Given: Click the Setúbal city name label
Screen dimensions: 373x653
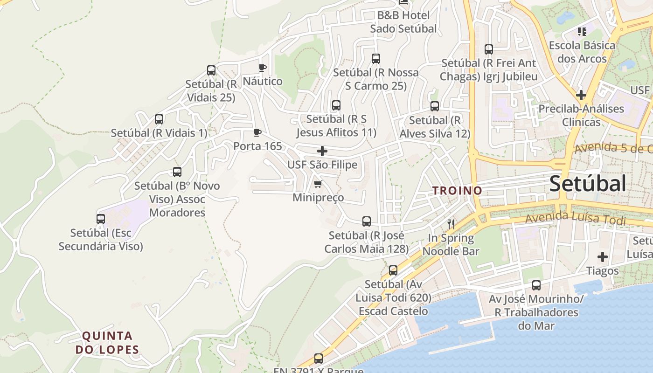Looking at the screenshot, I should [x=587, y=184].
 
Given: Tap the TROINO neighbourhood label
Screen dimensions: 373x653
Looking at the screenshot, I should [x=457, y=191].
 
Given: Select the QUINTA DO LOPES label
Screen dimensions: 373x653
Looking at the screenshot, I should [x=111, y=343].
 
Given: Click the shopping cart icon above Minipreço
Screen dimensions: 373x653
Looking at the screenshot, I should [x=318, y=184].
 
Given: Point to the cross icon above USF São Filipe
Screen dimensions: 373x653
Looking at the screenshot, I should [x=322, y=151].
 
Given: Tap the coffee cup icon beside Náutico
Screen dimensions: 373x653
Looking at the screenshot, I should [x=263, y=68].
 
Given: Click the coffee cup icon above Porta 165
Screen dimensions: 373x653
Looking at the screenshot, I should [x=257, y=133].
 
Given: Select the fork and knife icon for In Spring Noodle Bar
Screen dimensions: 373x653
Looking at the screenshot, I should [x=451, y=224].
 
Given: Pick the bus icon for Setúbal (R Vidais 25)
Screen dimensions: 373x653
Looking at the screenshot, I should [x=211, y=70].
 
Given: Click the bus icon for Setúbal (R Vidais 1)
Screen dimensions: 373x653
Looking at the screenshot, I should [x=159, y=119].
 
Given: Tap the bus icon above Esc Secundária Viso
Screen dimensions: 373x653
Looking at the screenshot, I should [x=101, y=219].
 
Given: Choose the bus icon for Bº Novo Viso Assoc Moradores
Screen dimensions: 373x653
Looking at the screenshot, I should [x=177, y=172].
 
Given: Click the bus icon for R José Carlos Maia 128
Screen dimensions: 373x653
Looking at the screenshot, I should [x=367, y=221].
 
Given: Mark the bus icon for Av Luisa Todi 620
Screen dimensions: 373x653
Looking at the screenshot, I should [x=393, y=270].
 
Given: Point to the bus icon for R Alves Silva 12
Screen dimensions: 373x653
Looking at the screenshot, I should [x=435, y=106].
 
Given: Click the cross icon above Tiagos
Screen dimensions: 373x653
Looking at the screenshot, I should [x=603, y=257].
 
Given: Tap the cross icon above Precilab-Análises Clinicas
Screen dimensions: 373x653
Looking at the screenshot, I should [x=581, y=95].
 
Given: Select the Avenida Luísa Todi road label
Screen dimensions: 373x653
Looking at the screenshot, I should [x=575, y=218].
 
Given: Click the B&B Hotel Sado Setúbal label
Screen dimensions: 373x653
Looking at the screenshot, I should [x=403, y=22].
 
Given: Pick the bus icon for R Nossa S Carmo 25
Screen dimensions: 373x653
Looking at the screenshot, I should [x=376, y=59].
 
